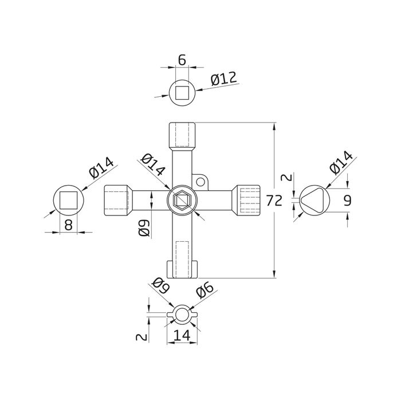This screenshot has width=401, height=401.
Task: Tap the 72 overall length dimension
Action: (x=274, y=200)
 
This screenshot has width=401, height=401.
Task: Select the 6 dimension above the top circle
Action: (x=182, y=60)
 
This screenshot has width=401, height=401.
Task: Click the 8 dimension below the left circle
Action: (x=68, y=225)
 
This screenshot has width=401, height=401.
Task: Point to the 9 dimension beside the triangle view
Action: (x=347, y=200)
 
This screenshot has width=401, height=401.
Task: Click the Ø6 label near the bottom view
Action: (x=205, y=291)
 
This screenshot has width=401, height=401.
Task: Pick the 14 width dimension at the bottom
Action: (x=182, y=335)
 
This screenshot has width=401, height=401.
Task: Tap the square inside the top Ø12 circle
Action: (x=182, y=92)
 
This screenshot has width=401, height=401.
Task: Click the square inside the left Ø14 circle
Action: (x=68, y=200)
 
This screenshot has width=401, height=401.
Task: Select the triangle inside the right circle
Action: (x=313, y=200)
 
